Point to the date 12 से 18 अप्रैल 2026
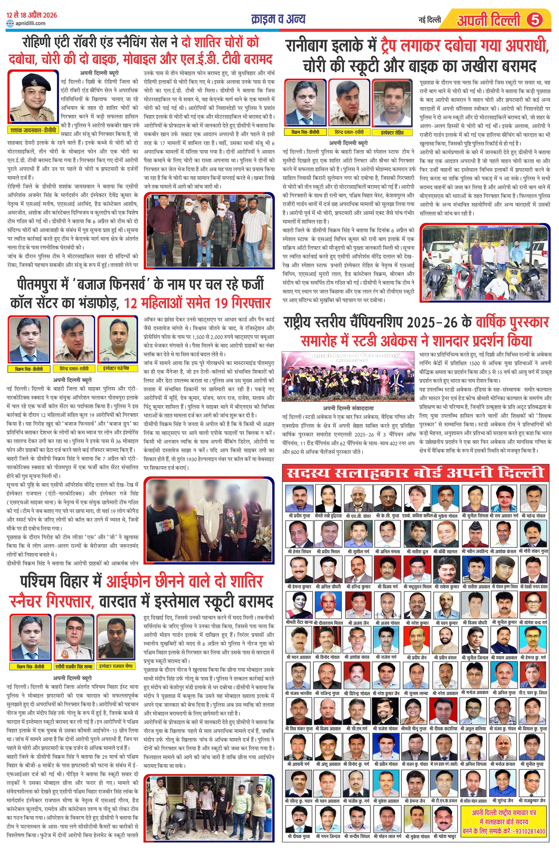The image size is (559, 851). pos(32,15)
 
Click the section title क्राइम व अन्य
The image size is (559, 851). pos(278,19)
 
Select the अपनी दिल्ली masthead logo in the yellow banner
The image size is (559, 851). pos(489,20)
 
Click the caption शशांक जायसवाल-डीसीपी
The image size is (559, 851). pos(33,130)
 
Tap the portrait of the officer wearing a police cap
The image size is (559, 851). pos(33,97)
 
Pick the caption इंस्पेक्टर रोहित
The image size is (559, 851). pos(392,133)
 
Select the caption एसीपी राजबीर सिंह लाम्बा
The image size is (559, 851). pos(74,666)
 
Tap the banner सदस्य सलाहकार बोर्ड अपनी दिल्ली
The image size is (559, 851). pos(416,473)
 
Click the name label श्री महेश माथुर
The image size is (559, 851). pos(445,836)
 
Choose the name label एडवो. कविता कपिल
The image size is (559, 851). pos(417,516)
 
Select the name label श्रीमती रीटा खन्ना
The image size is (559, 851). pos(299,623)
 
